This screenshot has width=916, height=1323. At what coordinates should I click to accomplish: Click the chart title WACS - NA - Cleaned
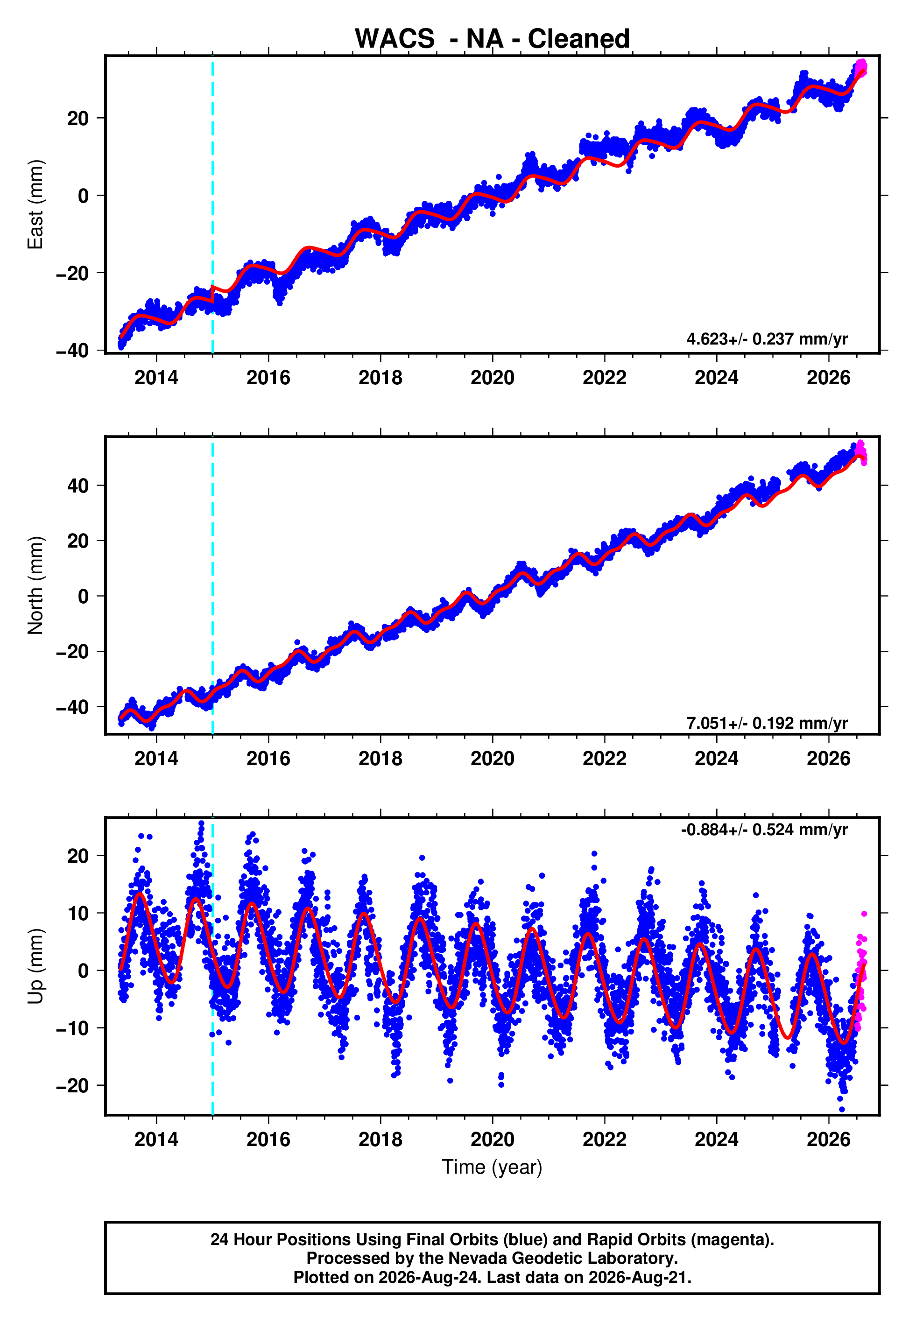(x=492, y=39)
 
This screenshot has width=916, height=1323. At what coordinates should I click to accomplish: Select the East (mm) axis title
(x=35, y=204)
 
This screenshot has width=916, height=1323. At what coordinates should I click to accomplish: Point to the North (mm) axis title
(x=35, y=585)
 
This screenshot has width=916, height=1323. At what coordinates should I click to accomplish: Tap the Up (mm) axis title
(x=35, y=966)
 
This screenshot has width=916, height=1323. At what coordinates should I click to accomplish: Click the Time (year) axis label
(x=492, y=1167)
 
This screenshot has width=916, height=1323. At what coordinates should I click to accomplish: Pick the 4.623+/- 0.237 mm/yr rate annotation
(x=767, y=339)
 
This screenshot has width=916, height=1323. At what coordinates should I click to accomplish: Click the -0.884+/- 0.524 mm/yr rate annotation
(x=764, y=830)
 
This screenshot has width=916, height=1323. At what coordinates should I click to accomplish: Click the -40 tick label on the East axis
(x=73, y=351)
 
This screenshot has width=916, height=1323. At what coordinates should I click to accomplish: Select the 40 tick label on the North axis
(x=78, y=486)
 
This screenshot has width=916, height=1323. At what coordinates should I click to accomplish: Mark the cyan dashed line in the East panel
(x=212, y=204)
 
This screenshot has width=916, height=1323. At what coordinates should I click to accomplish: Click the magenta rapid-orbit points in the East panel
(x=860, y=69)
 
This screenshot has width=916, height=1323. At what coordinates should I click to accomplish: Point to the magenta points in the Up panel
(x=860, y=970)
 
